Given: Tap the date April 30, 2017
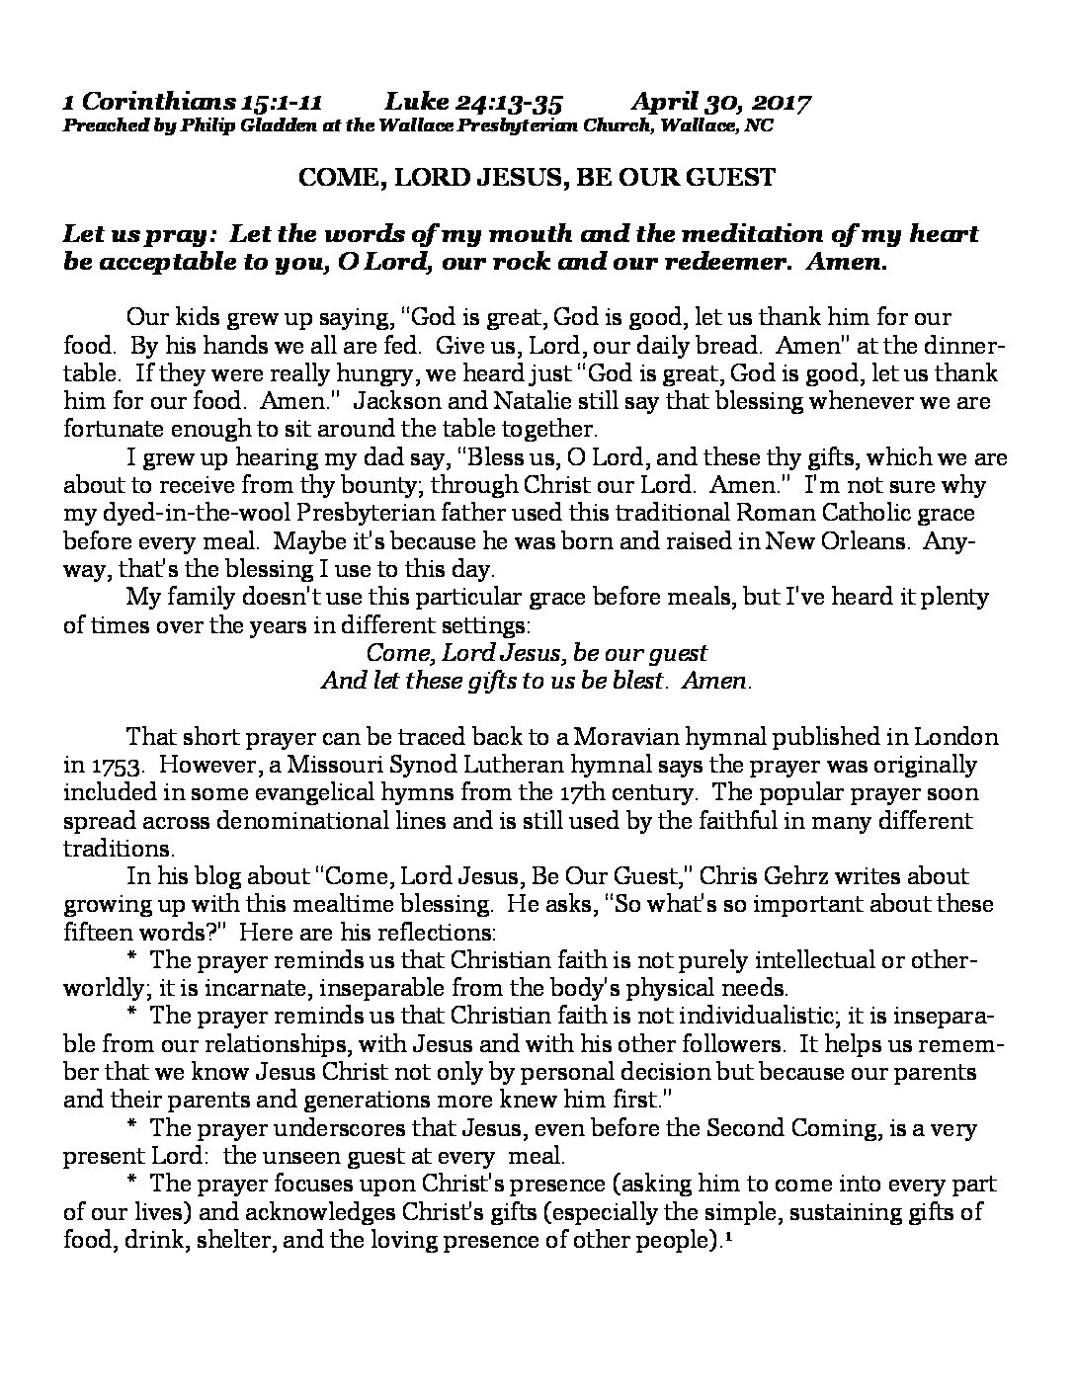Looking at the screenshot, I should (x=721, y=103).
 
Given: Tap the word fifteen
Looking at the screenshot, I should (x=107, y=932).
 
